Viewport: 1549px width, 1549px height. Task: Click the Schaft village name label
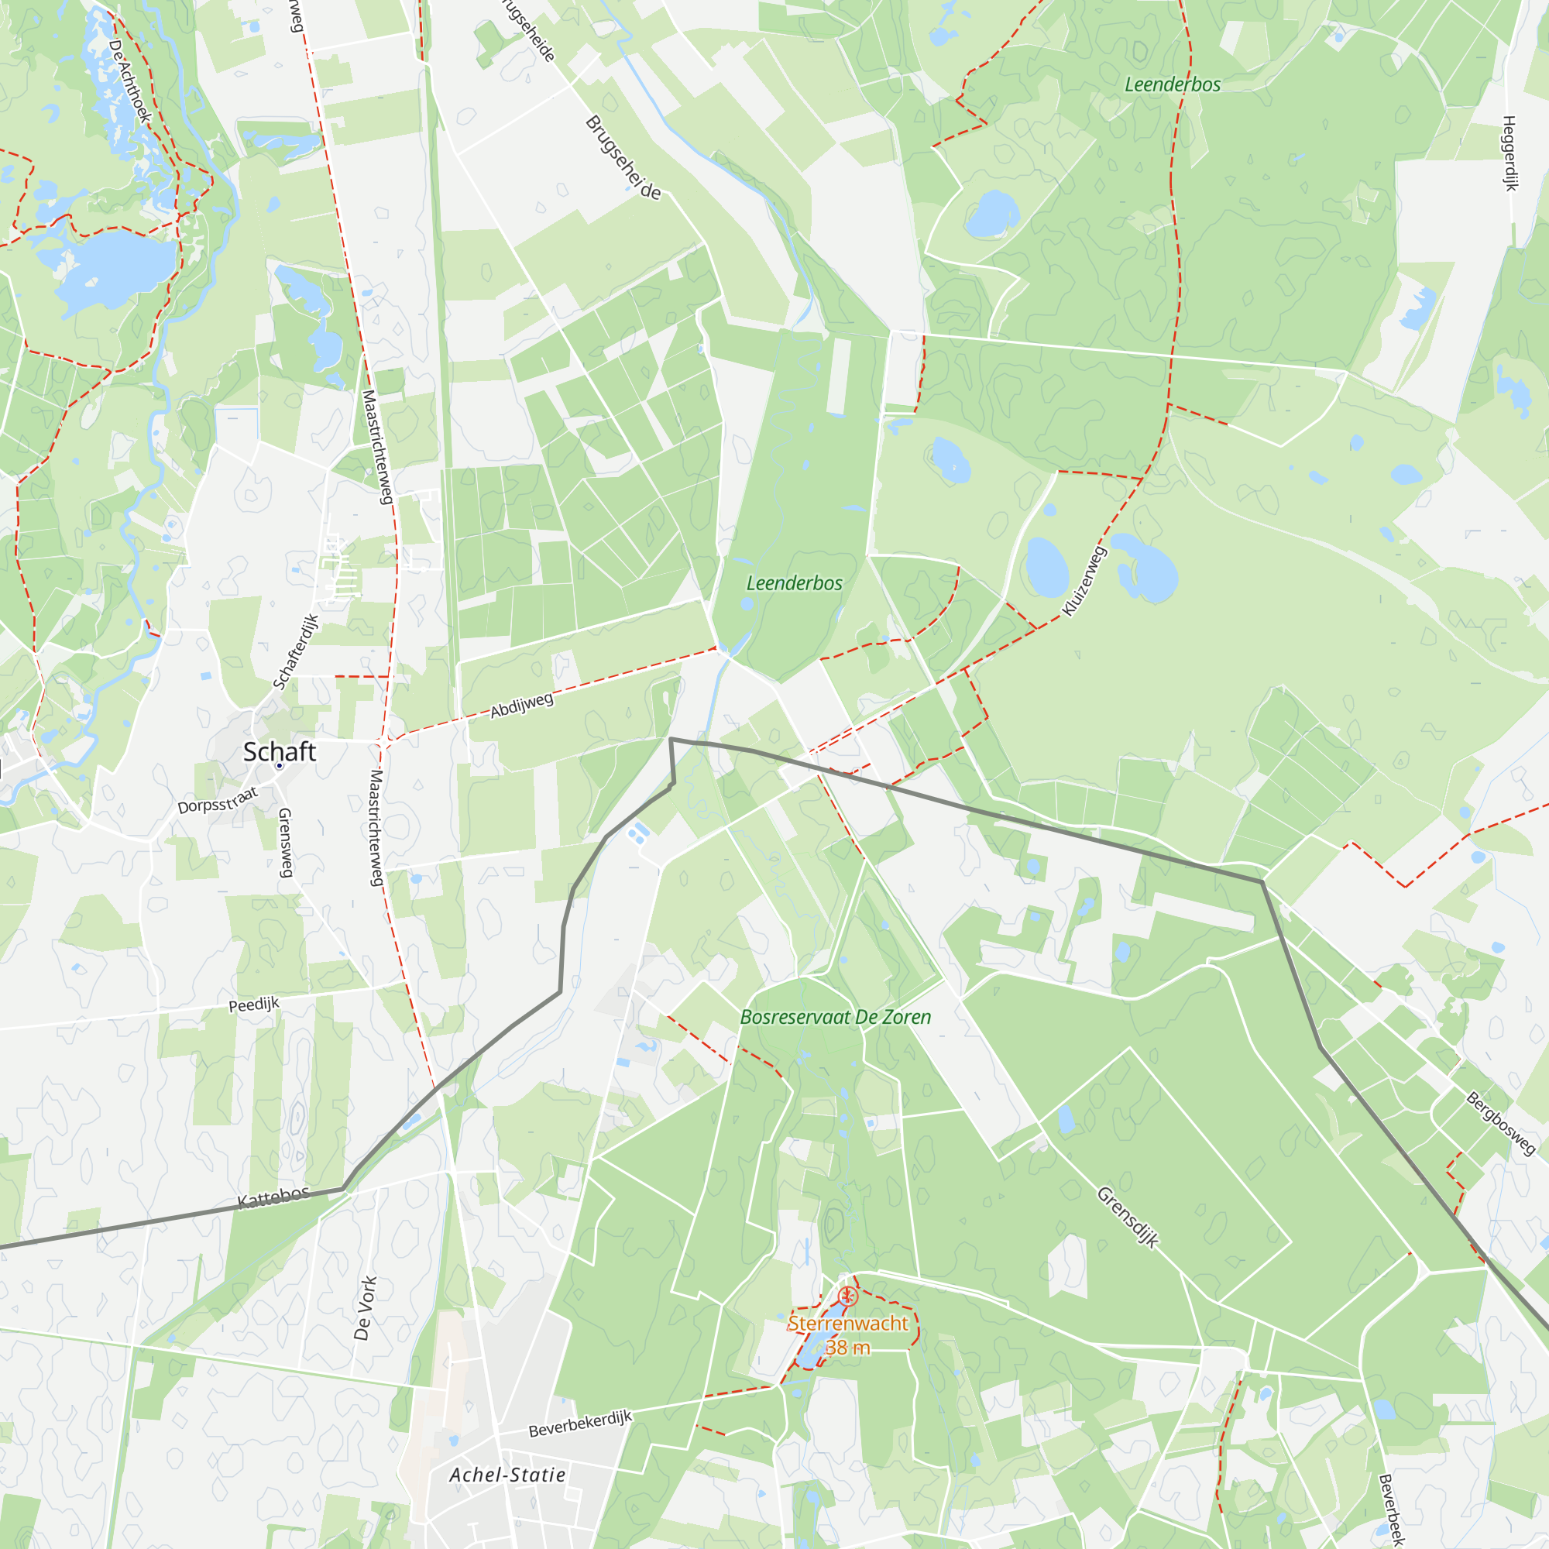click(279, 752)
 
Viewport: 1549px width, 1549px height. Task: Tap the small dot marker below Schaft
click(279, 767)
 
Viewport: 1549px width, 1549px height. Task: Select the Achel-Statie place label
click(507, 1475)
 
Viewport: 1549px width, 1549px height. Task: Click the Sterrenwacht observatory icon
click(847, 1297)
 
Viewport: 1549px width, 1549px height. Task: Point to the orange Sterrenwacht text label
click(847, 1324)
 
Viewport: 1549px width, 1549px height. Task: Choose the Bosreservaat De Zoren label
click(836, 1018)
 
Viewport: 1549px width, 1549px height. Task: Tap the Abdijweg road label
click(522, 706)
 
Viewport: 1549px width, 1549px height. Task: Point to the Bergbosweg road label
click(1501, 1123)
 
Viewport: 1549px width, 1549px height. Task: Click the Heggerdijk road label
click(1510, 153)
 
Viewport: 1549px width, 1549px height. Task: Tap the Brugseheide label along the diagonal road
click(623, 158)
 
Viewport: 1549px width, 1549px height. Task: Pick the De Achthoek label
click(129, 81)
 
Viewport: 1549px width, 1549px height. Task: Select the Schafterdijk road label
click(296, 652)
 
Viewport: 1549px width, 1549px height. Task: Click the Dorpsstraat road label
click(218, 801)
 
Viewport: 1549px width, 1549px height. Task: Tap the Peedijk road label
click(254, 1005)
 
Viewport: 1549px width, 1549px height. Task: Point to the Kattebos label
click(273, 1198)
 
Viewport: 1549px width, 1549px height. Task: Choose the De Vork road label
click(365, 1308)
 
